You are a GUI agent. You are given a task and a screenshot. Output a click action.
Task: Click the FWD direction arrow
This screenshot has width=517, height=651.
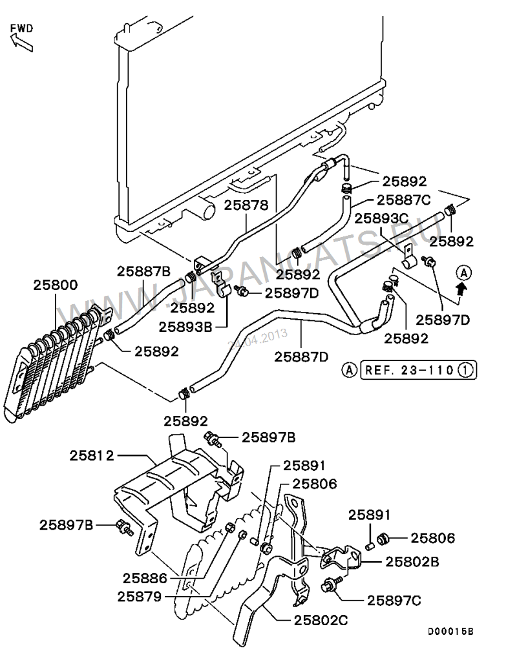click(21, 42)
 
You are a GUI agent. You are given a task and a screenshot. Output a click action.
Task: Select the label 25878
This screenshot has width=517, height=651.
click(246, 205)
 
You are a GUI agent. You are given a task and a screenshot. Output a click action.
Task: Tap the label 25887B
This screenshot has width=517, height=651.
click(143, 271)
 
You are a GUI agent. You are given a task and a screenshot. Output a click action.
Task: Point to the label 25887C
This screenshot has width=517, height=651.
click(403, 200)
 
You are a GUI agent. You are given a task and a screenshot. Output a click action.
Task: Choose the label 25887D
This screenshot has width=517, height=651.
click(301, 356)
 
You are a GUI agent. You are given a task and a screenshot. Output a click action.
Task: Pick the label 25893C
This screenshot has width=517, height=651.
click(381, 218)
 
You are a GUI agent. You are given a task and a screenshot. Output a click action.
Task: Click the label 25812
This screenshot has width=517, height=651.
click(92, 455)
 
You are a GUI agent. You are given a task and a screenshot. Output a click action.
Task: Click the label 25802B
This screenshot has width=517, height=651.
click(412, 561)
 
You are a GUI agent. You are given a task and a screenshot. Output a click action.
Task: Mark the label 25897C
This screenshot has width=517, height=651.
click(394, 600)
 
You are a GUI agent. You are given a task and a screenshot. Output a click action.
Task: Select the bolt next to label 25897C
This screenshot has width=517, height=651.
click(330, 586)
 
